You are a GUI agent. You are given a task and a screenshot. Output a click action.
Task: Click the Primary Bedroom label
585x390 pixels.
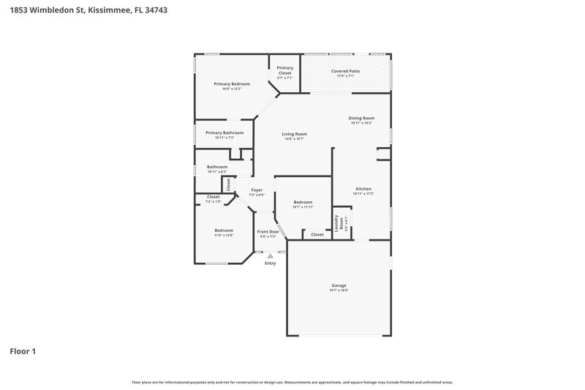pyautogui.click(x=232, y=84)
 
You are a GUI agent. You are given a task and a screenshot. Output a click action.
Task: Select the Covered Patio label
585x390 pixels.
pyautogui.click(x=345, y=71)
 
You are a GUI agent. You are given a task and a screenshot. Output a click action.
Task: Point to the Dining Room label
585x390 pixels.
pyautogui.click(x=361, y=118)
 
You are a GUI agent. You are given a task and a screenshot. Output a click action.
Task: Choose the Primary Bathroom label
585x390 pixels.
pyautogui.click(x=224, y=132)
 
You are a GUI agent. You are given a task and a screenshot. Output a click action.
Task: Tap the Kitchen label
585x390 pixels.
pyautogui.click(x=363, y=188)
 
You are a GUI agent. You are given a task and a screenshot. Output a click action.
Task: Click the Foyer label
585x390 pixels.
pyautogui.click(x=257, y=190)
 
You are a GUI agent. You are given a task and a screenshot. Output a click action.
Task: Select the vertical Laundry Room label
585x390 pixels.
pyautogui.click(x=337, y=222)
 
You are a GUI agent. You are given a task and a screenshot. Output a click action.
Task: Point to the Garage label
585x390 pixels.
pyautogui.click(x=339, y=285)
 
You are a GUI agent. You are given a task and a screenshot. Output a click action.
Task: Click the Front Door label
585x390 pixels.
pyautogui.click(x=268, y=231)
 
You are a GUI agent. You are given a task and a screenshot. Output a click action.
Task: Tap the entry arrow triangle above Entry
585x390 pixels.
pyautogui.click(x=271, y=256)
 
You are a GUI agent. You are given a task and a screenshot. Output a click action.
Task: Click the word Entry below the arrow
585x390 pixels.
pyautogui.click(x=271, y=263)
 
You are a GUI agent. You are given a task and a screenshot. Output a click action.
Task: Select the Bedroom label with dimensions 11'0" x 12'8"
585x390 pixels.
pyautogui.click(x=224, y=230)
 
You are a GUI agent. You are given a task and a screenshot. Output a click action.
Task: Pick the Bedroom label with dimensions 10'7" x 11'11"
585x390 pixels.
pyautogui.click(x=303, y=202)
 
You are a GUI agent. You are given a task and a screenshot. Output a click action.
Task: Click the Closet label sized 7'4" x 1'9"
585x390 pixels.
pyautogui.click(x=213, y=196)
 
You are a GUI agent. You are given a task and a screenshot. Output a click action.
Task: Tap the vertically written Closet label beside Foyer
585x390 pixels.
pyautogui.click(x=228, y=184)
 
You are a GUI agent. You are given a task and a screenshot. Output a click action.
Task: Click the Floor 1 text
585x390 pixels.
pyautogui.click(x=22, y=351)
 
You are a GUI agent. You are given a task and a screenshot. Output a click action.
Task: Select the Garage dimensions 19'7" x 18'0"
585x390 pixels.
pyautogui.click(x=339, y=290)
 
